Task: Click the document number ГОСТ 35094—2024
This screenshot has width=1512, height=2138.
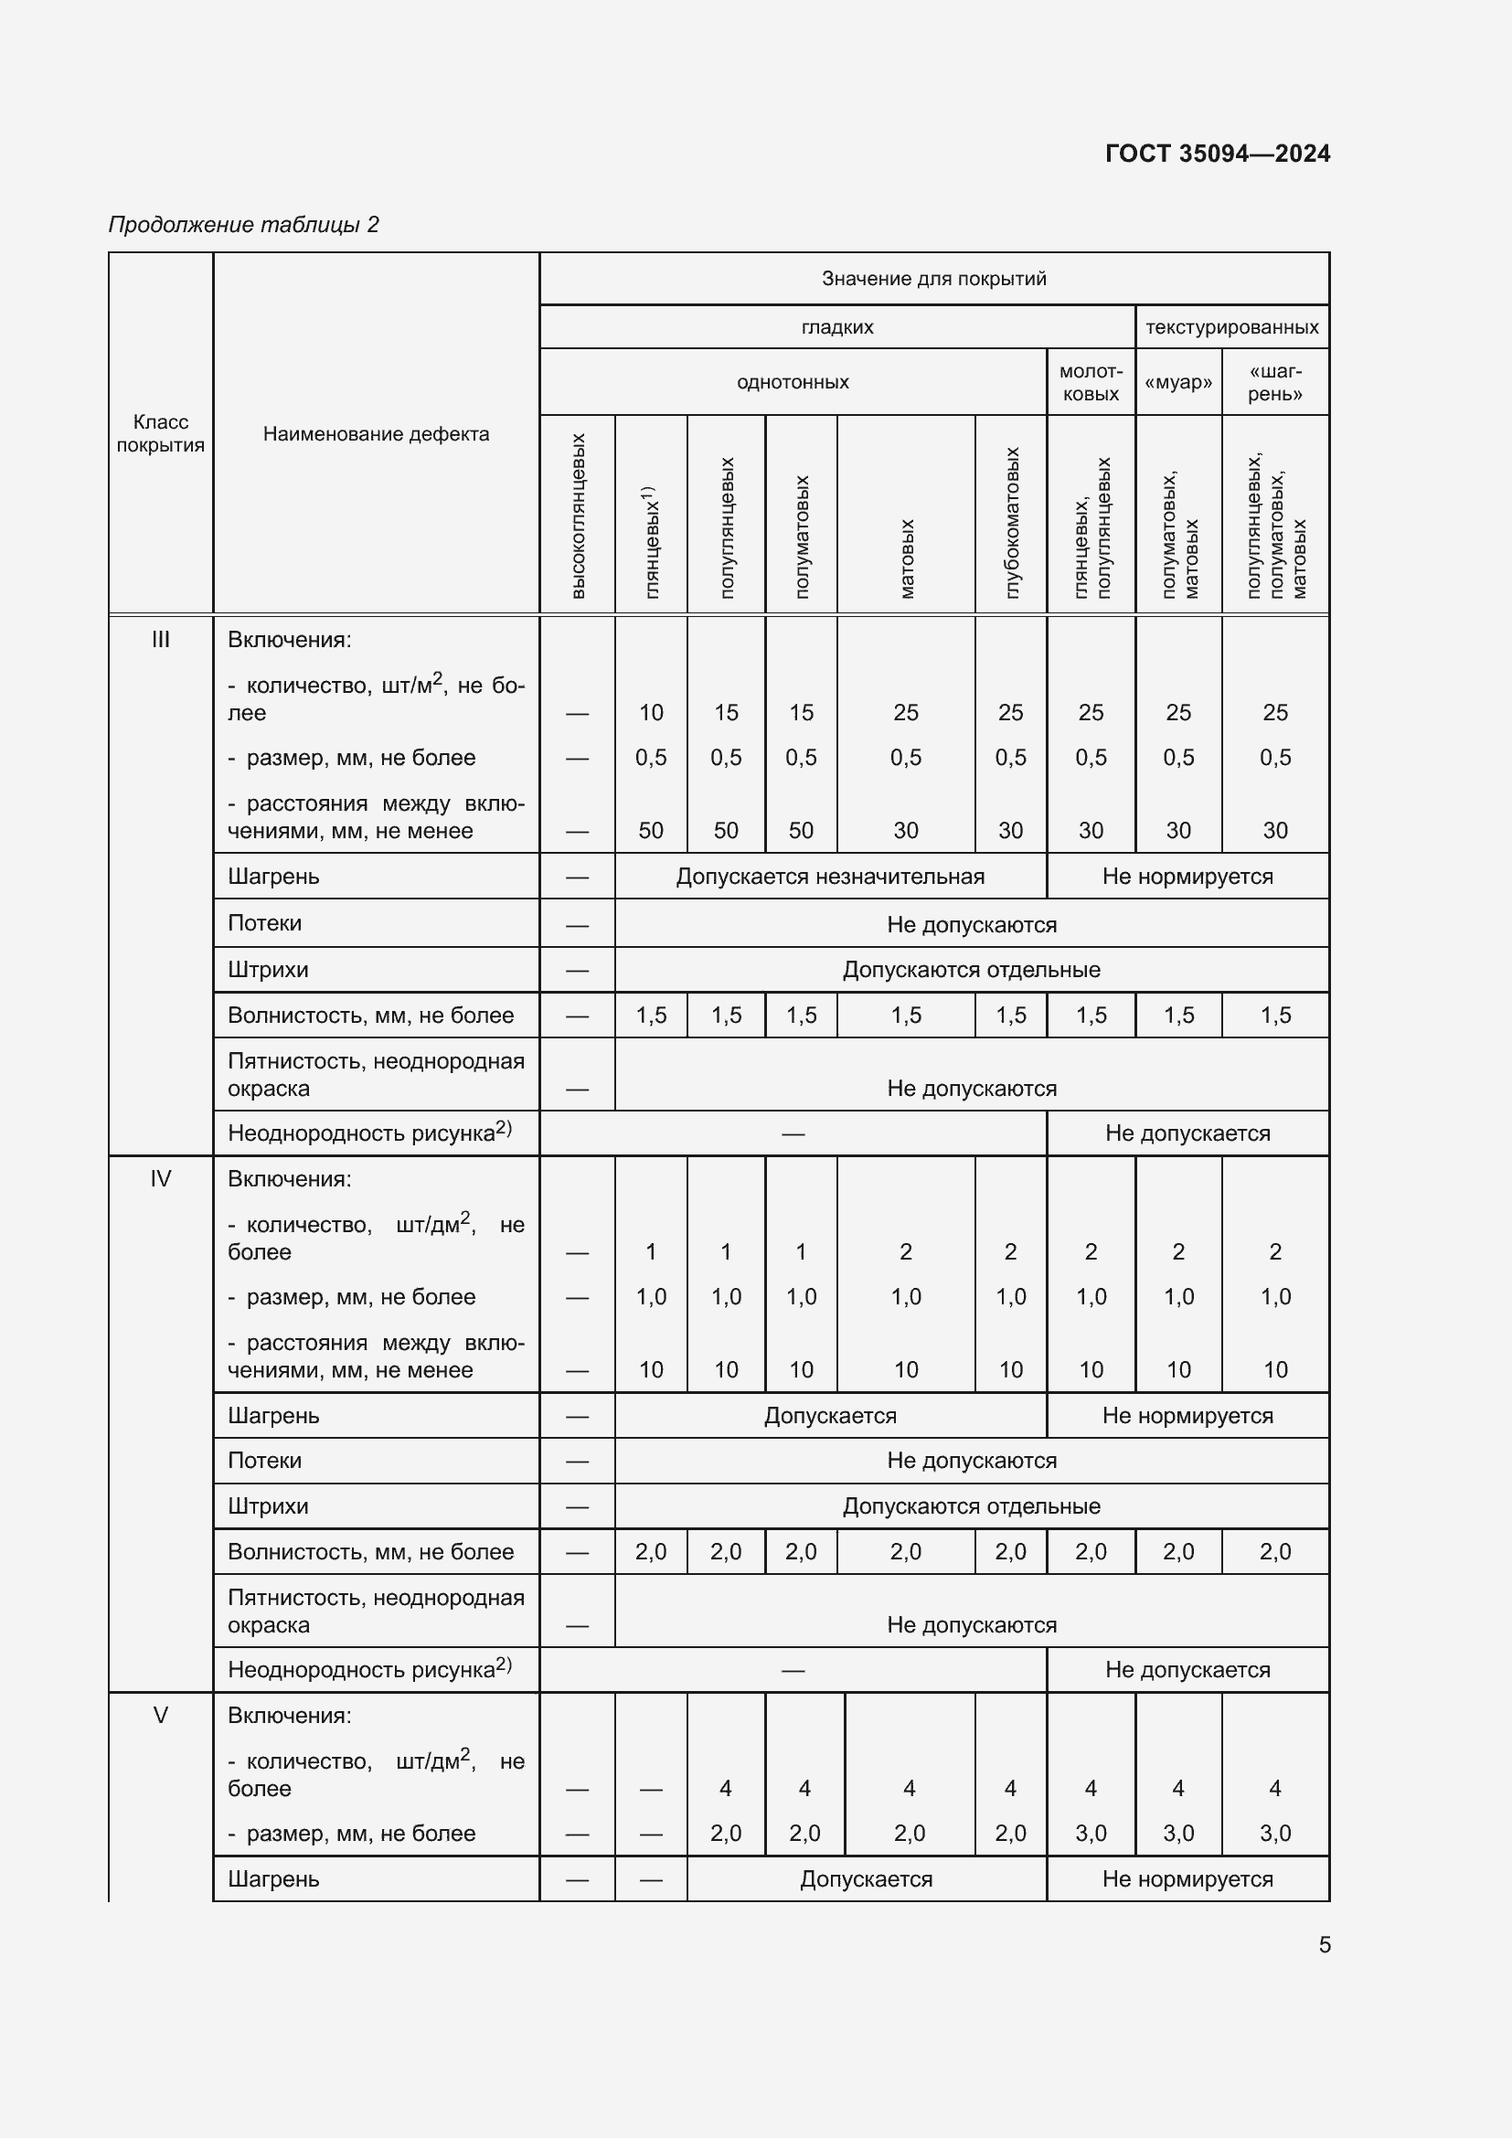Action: click(1217, 154)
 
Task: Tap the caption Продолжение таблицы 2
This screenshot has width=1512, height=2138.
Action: click(244, 225)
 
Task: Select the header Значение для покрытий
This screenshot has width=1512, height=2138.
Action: click(933, 279)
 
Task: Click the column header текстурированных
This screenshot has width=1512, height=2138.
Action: click(1230, 327)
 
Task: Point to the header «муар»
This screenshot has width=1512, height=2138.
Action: click(1177, 383)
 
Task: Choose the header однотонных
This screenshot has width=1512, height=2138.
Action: click(793, 382)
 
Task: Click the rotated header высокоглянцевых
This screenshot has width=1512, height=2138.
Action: click(577, 516)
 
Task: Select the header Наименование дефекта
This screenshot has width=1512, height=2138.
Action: click(375, 434)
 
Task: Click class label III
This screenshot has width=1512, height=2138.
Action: click(160, 640)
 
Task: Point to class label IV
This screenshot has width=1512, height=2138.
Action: click(160, 1179)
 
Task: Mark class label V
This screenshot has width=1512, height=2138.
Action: click(160, 1715)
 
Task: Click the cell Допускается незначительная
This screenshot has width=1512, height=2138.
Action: click(829, 877)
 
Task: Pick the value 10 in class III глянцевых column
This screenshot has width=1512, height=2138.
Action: click(651, 712)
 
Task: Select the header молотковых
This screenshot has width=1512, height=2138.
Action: click(1091, 383)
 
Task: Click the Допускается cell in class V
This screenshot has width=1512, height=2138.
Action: click(866, 1878)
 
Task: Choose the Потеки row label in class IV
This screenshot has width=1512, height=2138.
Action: click(264, 1460)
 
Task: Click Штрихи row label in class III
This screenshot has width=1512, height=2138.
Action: click(267, 969)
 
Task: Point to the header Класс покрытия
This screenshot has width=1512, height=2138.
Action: click(160, 434)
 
